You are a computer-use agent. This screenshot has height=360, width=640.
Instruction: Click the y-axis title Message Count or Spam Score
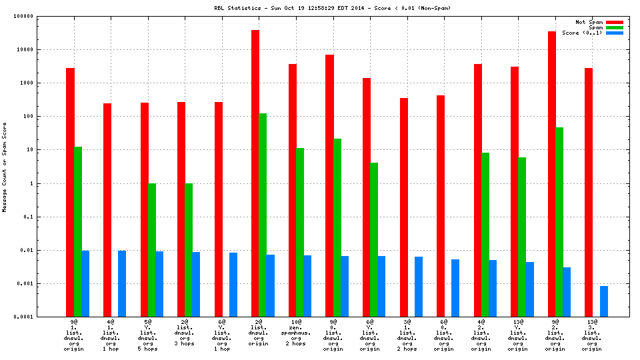(x=5, y=167)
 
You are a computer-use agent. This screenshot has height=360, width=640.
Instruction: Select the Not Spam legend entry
(x=589, y=22)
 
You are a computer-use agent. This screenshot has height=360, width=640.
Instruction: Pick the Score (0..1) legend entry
(x=582, y=33)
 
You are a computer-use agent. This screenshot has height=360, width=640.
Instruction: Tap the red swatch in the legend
(x=614, y=22)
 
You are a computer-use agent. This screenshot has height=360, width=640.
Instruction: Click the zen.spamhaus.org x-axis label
(x=297, y=333)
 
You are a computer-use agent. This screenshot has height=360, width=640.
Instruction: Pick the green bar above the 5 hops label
(x=151, y=250)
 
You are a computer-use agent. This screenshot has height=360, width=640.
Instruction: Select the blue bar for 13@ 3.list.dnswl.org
(x=604, y=301)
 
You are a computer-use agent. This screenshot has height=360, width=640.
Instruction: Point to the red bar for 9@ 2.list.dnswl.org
(x=552, y=174)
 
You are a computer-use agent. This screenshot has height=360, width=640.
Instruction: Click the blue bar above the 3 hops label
(x=196, y=284)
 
